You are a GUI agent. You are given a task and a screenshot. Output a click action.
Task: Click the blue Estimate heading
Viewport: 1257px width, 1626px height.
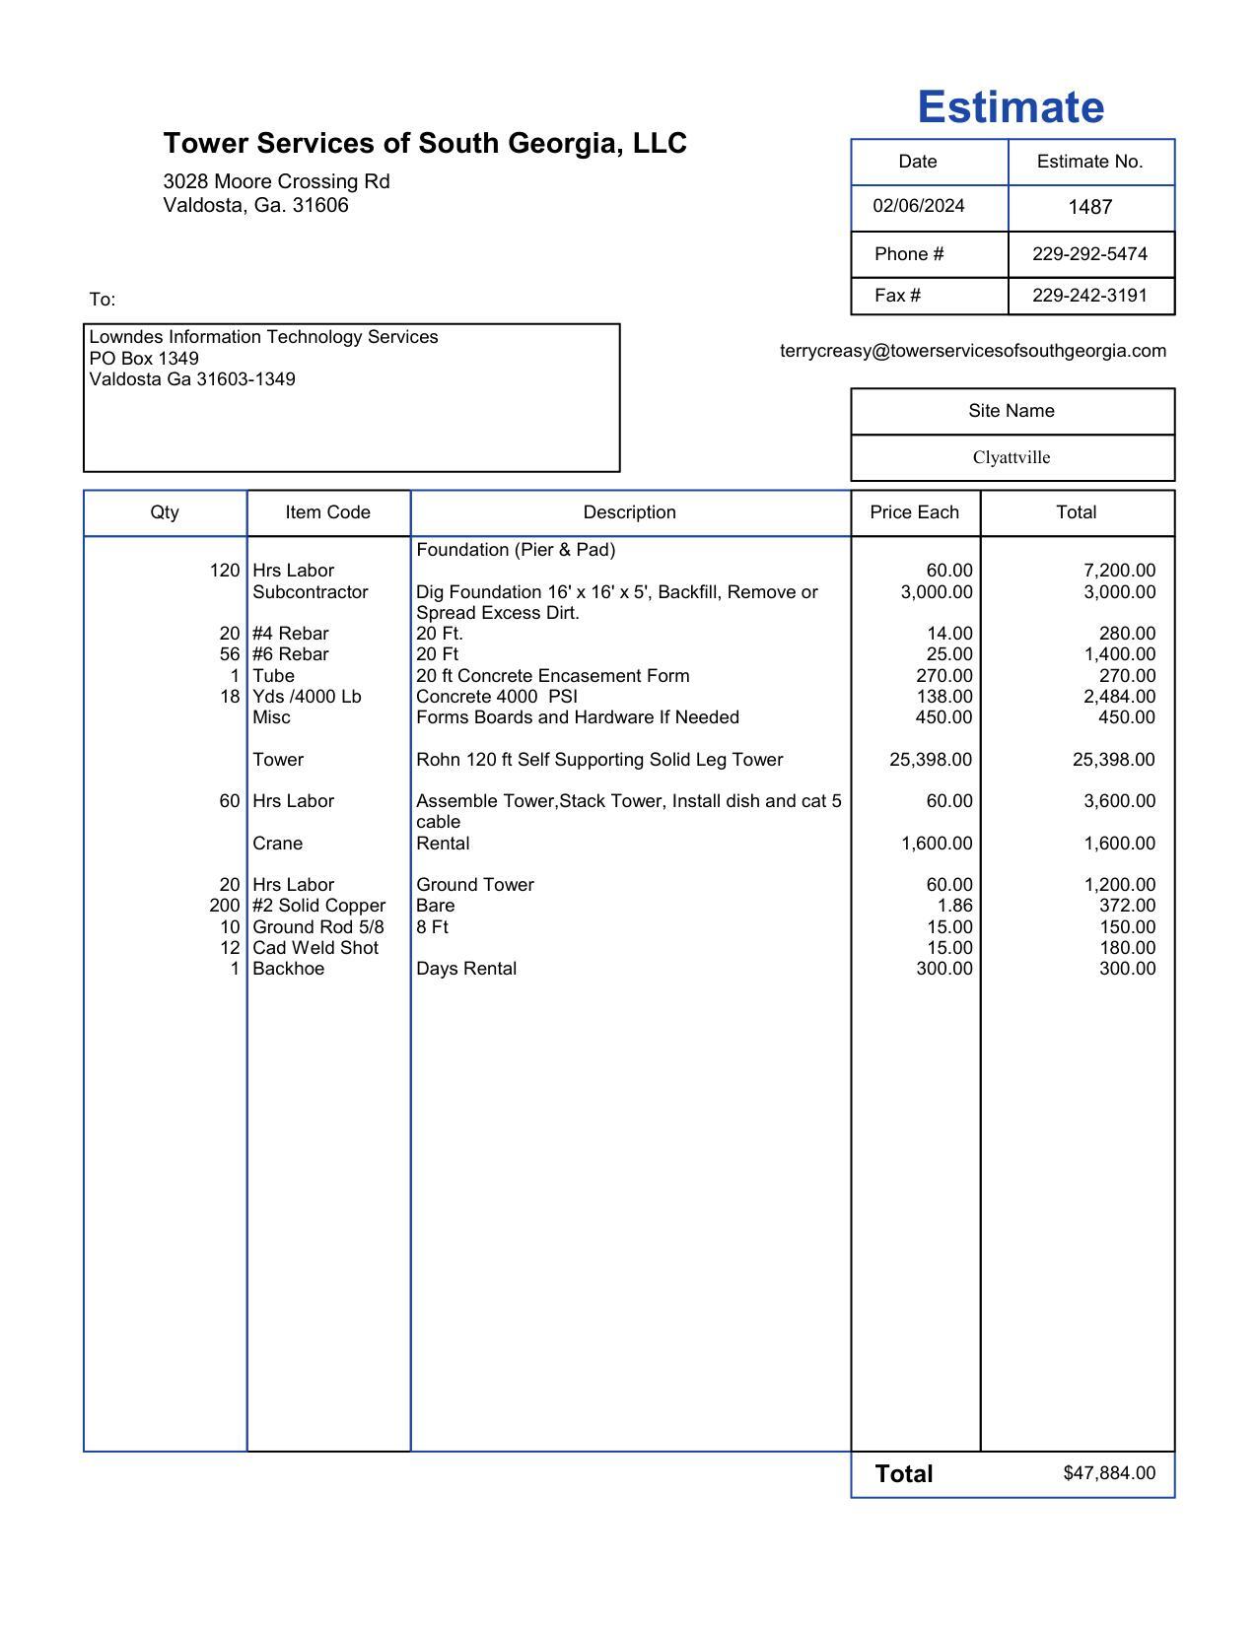click(1011, 107)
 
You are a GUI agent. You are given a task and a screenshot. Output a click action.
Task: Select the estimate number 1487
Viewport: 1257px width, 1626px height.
click(1089, 207)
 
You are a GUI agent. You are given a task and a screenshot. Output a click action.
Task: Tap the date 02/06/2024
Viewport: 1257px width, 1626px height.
click(918, 206)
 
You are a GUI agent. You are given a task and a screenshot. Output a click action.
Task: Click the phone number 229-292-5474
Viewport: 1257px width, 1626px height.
click(1089, 254)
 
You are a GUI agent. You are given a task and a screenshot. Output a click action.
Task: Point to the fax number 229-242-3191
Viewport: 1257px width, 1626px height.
click(1089, 296)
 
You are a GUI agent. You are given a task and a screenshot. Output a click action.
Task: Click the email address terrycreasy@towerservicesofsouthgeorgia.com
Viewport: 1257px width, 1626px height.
click(972, 351)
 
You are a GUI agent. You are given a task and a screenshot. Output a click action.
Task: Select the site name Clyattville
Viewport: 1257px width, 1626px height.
click(1011, 457)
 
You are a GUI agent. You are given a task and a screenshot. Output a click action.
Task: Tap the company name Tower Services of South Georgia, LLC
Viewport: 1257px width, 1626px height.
click(425, 144)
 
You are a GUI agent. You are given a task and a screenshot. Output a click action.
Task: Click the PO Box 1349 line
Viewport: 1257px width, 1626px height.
click(144, 358)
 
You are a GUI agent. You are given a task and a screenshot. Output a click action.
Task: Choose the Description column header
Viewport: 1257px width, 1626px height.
click(629, 512)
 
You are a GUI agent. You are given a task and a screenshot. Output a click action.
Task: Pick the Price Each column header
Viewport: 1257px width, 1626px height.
click(914, 512)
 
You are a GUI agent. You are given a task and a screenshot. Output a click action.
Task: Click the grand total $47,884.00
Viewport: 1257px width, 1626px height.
click(1108, 1473)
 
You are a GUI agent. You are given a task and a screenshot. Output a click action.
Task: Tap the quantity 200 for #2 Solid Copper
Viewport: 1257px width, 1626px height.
click(225, 906)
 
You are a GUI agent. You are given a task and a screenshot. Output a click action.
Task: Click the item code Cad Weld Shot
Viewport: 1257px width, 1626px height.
click(315, 948)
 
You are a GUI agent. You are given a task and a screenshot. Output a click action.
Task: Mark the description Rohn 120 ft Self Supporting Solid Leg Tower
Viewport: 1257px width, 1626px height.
click(599, 760)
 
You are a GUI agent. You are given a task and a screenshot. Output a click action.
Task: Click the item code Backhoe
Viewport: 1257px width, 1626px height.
click(288, 969)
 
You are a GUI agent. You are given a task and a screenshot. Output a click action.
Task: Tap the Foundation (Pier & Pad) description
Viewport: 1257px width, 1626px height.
click(516, 550)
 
